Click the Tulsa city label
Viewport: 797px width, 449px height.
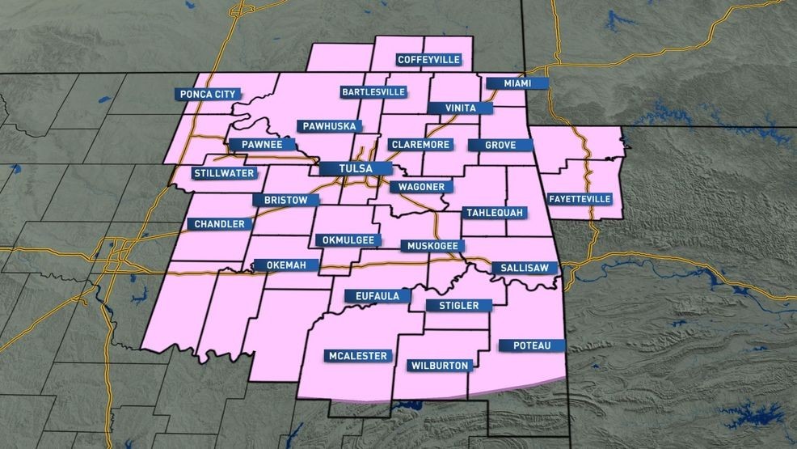pyautogui.click(x=355, y=169)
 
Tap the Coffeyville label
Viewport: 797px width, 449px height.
pyautogui.click(x=428, y=59)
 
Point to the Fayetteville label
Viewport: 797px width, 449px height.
pyautogui.click(x=580, y=198)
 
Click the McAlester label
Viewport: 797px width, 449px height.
pyautogui.click(x=359, y=355)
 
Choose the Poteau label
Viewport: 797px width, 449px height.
pyautogui.click(x=532, y=345)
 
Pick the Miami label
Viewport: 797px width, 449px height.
pyautogui.click(x=517, y=83)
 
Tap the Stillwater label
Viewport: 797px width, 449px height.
pyautogui.click(x=224, y=173)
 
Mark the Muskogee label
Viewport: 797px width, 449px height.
pyautogui.click(x=433, y=244)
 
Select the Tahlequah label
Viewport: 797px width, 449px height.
pyautogui.click(x=495, y=212)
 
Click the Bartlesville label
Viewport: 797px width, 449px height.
pyautogui.click(x=373, y=91)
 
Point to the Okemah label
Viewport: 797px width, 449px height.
pyautogui.click(x=286, y=265)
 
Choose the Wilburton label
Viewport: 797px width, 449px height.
pyautogui.click(x=440, y=366)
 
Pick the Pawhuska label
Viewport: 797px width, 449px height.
pyautogui.click(x=330, y=126)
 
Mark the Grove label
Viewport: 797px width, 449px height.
pyautogui.click(x=500, y=145)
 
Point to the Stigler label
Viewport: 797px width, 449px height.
pyautogui.click(x=458, y=305)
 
